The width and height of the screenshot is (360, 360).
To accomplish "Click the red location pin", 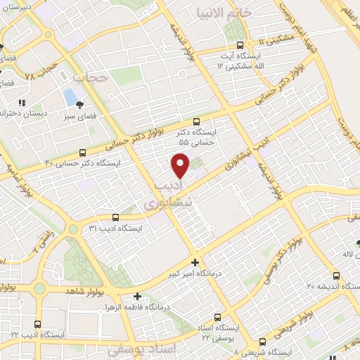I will tap(181, 165).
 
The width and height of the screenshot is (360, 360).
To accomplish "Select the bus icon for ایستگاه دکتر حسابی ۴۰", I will tap(83, 152).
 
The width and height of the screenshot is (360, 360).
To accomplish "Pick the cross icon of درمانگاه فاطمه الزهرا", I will tap(138, 297).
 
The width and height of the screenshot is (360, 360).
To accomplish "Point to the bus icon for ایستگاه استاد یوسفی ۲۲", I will tap(217, 317).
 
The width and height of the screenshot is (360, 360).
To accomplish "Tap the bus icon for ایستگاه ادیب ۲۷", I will tap(37, 324).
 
